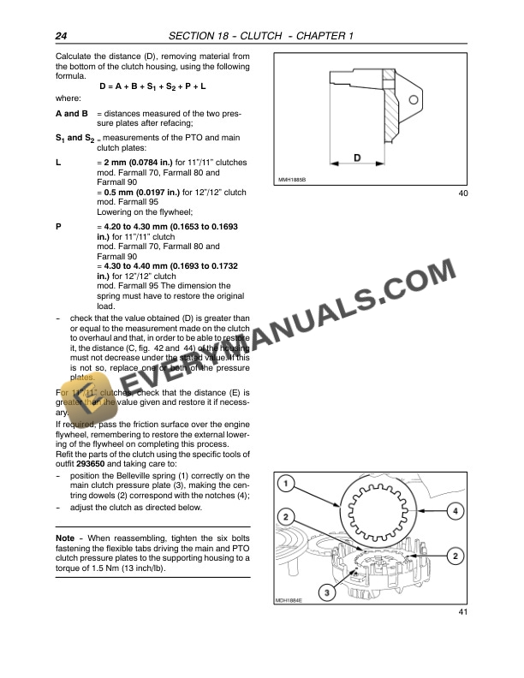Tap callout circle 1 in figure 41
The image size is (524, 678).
coord(289,485)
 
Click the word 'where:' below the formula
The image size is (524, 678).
coord(68,98)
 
